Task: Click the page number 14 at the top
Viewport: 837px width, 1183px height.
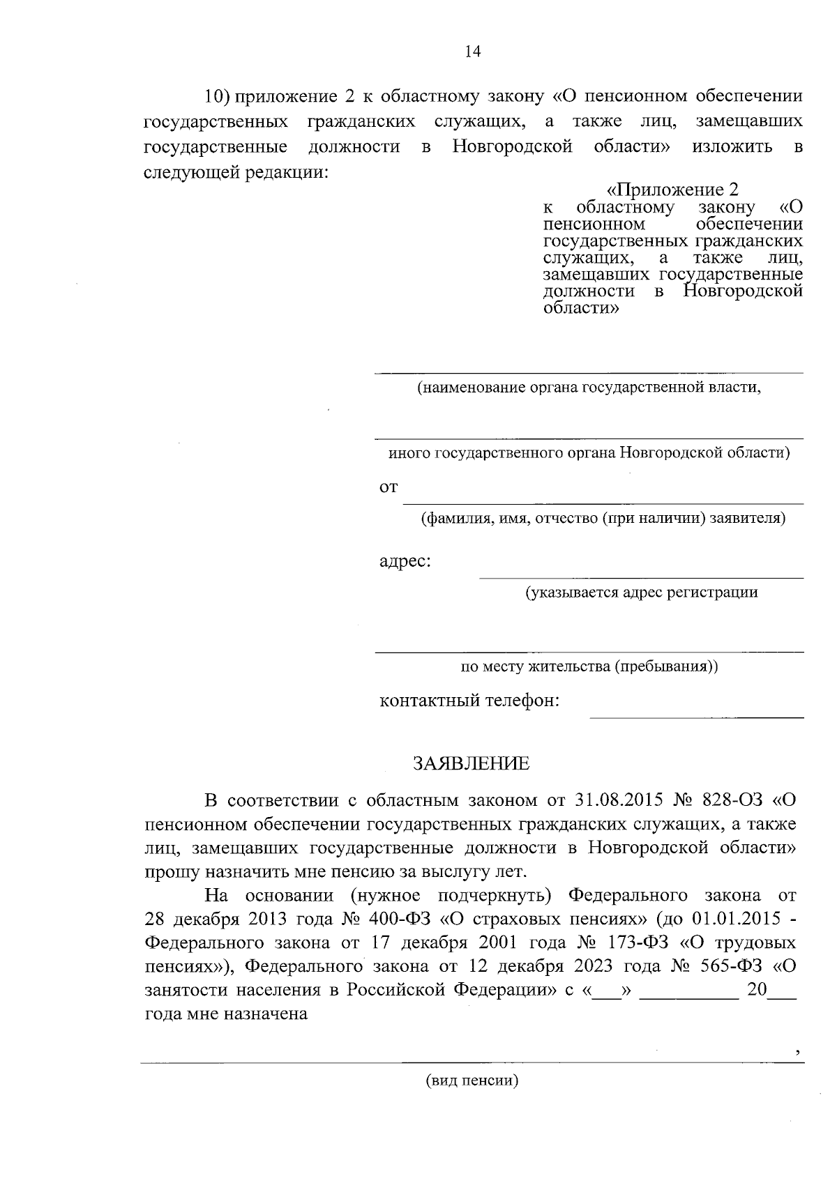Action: pos(472,52)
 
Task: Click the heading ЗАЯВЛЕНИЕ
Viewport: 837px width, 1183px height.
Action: pos(472,763)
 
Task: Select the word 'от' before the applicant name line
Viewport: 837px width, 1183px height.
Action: pos(389,487)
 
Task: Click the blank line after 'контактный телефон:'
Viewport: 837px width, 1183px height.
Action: pos(696,717)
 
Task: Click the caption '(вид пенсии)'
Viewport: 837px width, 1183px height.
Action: pos(472,1081)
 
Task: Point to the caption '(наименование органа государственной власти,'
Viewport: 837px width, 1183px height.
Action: pos(589,388)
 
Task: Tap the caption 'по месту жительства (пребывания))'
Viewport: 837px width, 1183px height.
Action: pos(589,666)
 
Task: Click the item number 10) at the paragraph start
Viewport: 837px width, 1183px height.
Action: pos(216,96)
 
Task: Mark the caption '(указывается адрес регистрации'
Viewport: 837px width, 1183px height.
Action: pos(641,593)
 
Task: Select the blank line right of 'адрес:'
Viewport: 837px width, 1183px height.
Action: pos(640,577)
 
